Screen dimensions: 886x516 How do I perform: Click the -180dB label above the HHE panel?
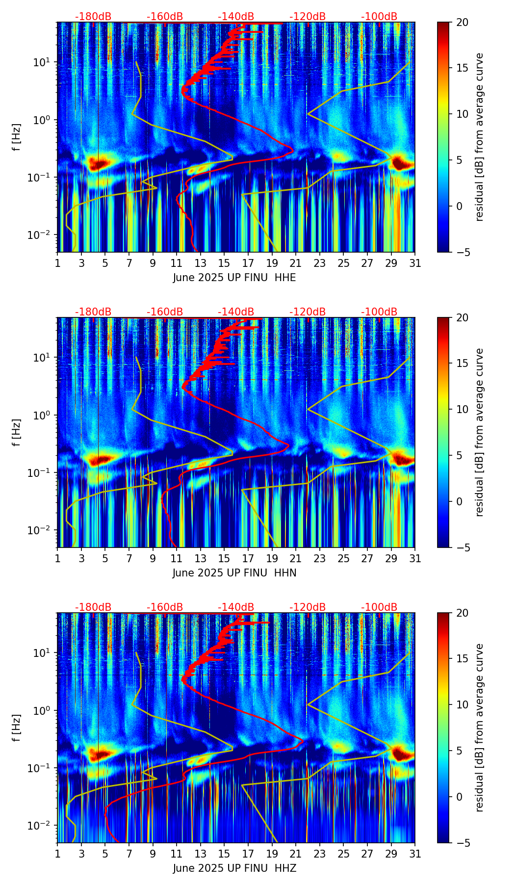click(x=93, y=17)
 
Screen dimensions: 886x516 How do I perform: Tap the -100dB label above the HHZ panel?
click(x=379, y=607)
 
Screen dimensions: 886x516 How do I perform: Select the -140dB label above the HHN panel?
click(x=236, y=312)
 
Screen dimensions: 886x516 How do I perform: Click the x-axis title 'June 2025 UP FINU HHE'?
click(x=234, y=278)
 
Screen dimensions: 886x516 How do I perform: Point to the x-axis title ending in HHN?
click(x=234, y=573)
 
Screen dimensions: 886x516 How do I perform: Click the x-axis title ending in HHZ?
click(x=234, y=868)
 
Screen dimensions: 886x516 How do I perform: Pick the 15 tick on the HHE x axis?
click(x=224, y=263)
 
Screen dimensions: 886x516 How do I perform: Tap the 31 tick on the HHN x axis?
click(x=415, y=558)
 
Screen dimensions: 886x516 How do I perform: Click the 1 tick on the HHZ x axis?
click(x=58, y=854)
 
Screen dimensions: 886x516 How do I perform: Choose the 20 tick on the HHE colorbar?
click(x=462, y=22)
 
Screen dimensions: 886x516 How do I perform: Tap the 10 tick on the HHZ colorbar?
click(x=462, y=704)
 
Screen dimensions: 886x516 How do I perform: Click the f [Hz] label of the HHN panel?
click(x=17, y=432)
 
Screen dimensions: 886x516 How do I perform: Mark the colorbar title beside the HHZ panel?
click(x=480, y=728)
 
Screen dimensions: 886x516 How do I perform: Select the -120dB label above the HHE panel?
click(x=308, y=17)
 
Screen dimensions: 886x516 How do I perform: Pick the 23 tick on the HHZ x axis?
click(x=320, y=854)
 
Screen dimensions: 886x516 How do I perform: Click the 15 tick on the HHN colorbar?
click(x=462, y=363)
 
